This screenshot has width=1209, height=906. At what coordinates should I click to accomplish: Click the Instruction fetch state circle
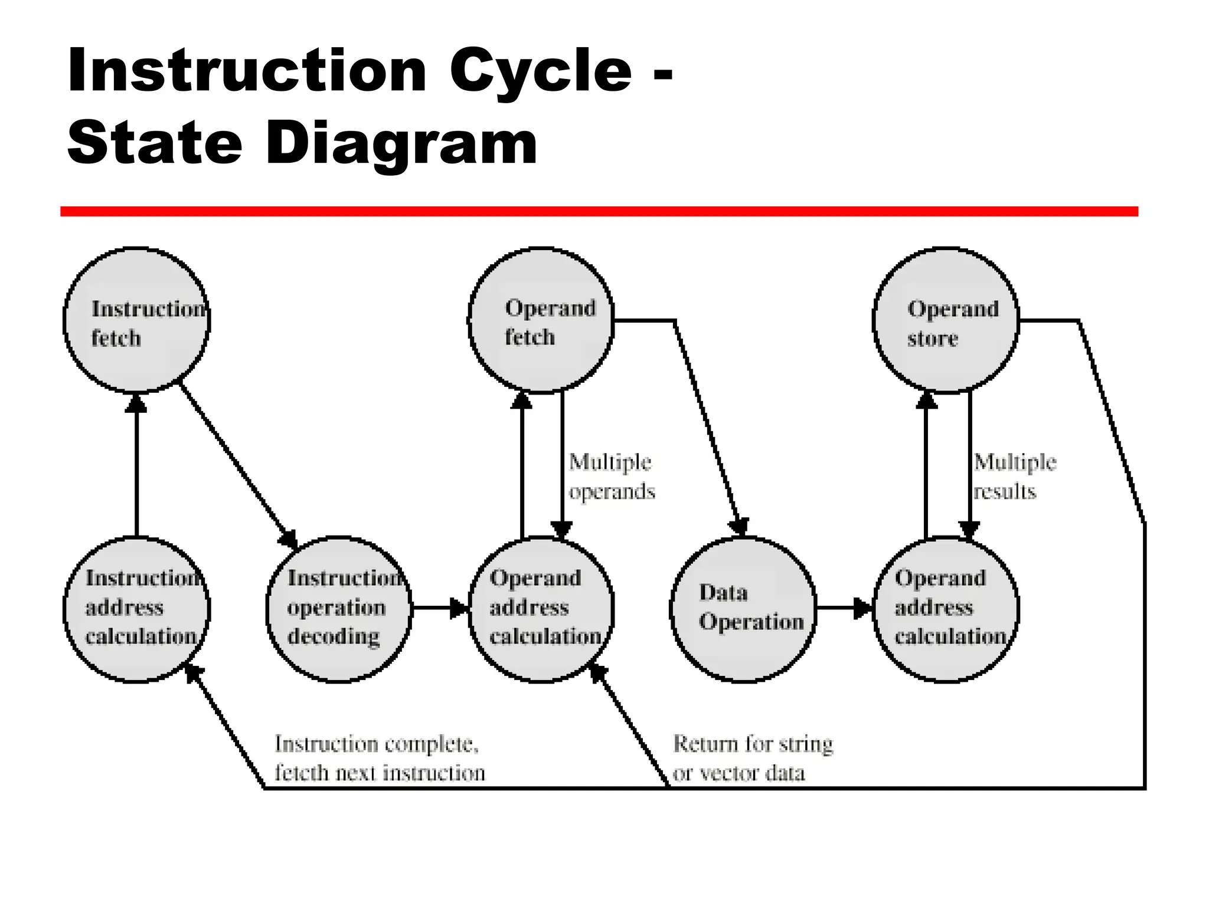(137, 321)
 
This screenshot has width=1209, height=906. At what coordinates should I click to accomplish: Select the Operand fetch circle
(541, 321)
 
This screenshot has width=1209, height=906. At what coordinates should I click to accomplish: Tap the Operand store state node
(946, 321)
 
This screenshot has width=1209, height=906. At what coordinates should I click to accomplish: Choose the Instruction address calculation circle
(137, 609)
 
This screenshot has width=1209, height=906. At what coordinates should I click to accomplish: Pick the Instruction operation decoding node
(339, 609)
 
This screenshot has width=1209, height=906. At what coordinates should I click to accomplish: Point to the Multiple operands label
(612, 477)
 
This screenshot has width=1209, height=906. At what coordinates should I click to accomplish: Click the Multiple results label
(1014, 477)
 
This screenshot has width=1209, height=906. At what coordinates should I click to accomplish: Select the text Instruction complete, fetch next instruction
(379, 759)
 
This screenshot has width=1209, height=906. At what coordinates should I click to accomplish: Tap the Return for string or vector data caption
(753, 759)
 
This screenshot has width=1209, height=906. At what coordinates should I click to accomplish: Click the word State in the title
(155, 143)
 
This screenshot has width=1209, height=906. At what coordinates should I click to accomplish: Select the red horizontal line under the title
(599, 212)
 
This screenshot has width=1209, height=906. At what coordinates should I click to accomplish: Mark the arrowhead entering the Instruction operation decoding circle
(289, 539)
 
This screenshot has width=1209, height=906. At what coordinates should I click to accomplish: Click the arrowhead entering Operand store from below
(926, 401)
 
